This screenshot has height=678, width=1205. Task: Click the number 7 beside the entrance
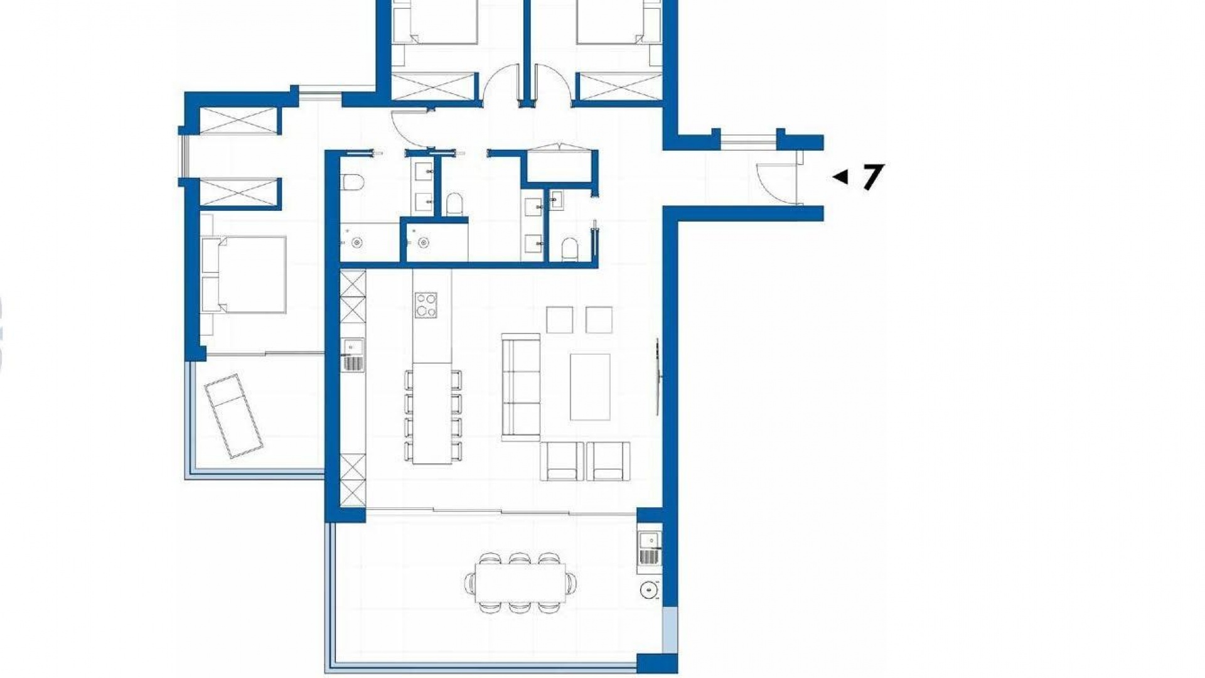873,177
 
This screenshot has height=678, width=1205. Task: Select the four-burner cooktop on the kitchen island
426,306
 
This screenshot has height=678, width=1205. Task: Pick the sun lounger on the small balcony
233,416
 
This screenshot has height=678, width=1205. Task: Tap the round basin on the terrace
648,589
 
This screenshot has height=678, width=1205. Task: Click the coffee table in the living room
590,387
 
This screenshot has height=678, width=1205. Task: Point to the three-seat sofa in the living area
521,387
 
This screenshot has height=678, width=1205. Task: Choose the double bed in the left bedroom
244,274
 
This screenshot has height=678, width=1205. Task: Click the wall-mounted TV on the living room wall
658,377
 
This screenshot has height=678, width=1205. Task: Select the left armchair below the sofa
562,461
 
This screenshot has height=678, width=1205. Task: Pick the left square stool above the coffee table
559,320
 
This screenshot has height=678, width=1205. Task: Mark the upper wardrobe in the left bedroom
237,121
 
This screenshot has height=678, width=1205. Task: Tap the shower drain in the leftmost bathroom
358,241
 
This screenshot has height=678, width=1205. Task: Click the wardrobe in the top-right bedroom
619,87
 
